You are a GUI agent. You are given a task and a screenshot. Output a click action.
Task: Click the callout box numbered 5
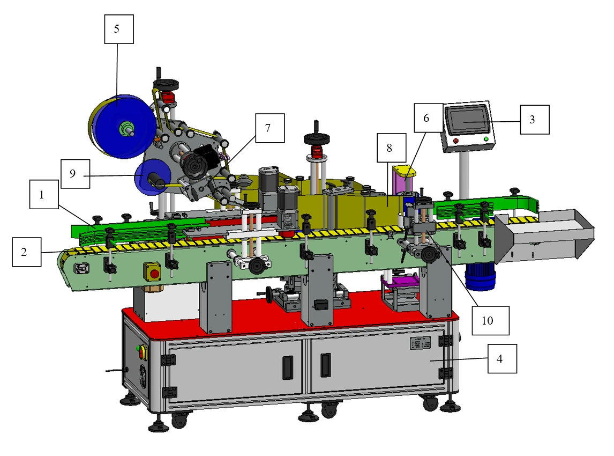tap(119, 29)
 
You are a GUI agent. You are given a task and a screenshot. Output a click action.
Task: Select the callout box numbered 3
tap(535, 120)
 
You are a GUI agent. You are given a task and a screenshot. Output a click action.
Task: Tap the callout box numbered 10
tap(490, 320)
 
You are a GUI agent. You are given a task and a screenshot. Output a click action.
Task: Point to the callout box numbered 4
tap(502, 358)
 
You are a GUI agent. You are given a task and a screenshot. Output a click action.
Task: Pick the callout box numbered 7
tap(270, 128)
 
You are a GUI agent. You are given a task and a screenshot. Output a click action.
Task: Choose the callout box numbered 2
tap(27, 252)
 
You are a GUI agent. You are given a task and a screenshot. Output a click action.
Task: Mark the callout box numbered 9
tap(75, 174)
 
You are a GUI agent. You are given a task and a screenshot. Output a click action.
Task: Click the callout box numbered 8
tap(392, 148)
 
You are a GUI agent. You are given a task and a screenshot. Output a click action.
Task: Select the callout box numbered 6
tap(429, 117)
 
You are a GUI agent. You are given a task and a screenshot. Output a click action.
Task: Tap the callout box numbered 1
tap(44, 195)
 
